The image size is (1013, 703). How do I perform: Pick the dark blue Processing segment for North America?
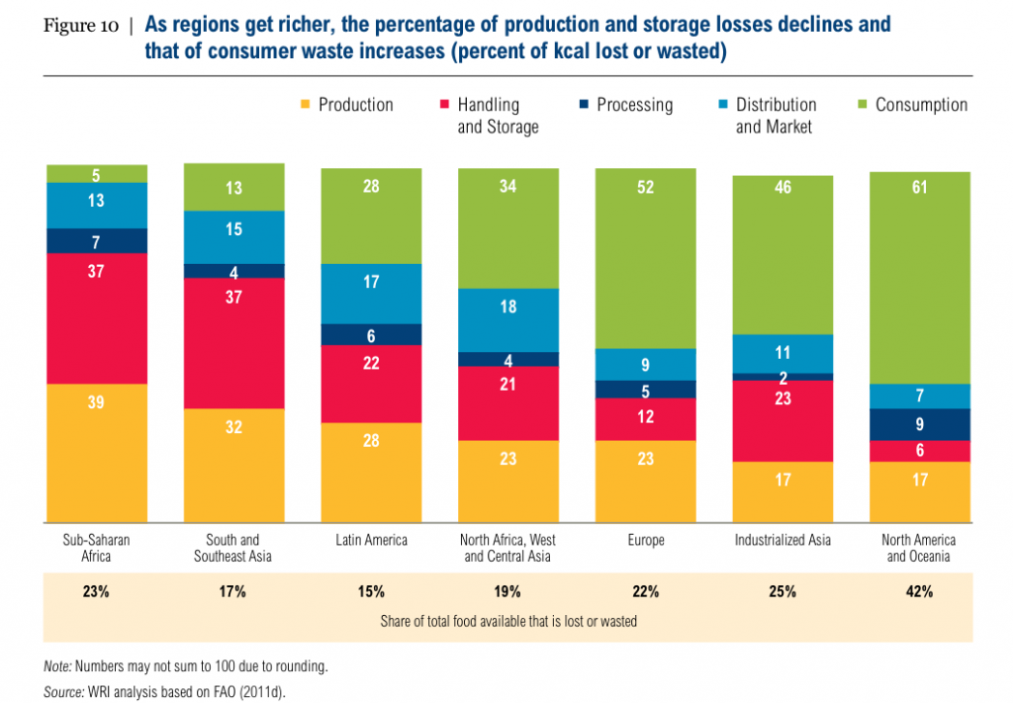tap(919, 424)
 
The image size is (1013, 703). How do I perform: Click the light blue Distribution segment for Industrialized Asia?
tap(783, 353)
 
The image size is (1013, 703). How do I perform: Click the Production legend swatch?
tap(305, 104)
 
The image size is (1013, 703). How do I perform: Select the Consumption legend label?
tap(921, 105)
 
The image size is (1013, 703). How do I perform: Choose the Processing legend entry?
tap(633, 105)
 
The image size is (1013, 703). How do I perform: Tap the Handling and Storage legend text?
tap(498, 115)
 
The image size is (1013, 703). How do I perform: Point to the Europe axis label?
tap(644, 541)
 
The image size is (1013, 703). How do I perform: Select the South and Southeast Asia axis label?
tap(233, 548)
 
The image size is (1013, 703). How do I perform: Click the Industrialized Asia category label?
tap(783, 541)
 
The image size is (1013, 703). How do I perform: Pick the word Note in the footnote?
tap(57, 666)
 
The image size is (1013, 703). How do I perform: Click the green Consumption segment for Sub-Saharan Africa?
tap(97, 174)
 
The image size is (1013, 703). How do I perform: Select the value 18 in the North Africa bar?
tap(507, 307)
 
